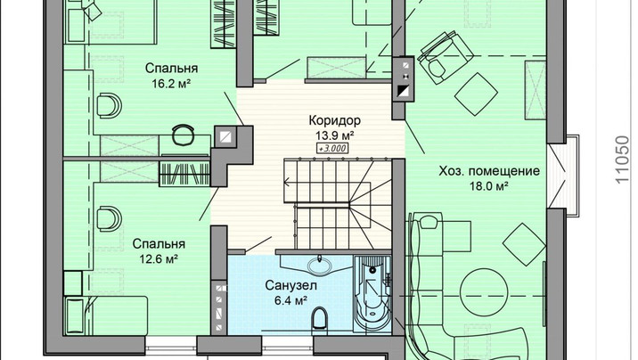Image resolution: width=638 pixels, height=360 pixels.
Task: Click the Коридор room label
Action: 334,120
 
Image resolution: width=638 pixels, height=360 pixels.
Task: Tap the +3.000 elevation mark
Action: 333,149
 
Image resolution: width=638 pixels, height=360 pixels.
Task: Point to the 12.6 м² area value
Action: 159,258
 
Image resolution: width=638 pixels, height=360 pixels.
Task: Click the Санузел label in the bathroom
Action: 290,285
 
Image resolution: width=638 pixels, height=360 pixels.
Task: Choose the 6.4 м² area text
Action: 290,300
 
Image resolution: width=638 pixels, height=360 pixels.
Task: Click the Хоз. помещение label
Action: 489,171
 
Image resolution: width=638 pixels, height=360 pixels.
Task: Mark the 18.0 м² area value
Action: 489,186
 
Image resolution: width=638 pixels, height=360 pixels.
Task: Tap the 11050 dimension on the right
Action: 622,160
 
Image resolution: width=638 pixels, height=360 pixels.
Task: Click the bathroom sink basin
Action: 319,266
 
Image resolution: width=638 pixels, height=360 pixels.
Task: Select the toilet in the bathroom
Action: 319,318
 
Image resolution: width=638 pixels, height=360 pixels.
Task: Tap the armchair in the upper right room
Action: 444,58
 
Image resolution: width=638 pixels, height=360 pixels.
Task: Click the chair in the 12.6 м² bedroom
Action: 108,219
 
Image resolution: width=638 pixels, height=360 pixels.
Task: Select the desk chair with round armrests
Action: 183,135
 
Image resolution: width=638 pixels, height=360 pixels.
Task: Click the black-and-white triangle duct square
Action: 404,92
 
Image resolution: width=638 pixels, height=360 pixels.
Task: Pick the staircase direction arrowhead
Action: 286,182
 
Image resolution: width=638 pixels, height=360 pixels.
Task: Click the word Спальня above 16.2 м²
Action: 171,68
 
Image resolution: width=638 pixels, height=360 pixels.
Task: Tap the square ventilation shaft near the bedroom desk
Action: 225,136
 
